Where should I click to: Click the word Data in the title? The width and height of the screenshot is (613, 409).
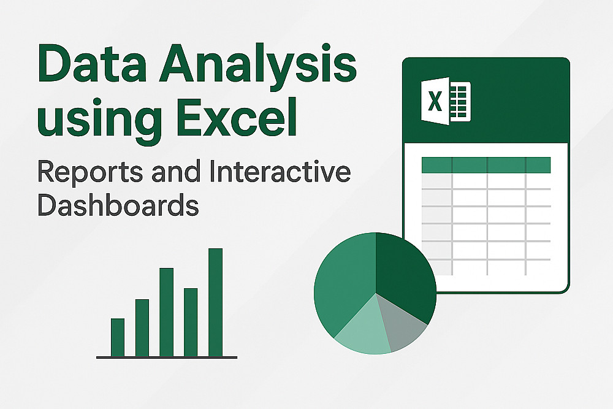tap(93, 63)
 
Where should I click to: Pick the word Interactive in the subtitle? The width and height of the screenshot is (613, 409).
tap(280, 171)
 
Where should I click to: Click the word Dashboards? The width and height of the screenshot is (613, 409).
tap(118, 205)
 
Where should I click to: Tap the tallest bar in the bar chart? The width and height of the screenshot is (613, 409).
tap(215, 302)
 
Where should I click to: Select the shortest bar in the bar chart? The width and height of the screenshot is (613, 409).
tap(118, 337)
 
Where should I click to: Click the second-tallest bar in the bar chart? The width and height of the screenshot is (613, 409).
tap(167, 312)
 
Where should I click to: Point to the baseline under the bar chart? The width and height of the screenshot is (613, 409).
tap(167, 357)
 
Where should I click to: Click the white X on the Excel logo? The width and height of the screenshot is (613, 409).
tap(435, 101)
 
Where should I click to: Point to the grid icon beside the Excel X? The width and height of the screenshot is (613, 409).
tap(460, 102)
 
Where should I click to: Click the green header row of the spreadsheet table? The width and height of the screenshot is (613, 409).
tap(486, 165)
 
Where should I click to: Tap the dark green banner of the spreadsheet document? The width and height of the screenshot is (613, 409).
tap(486, 100)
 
